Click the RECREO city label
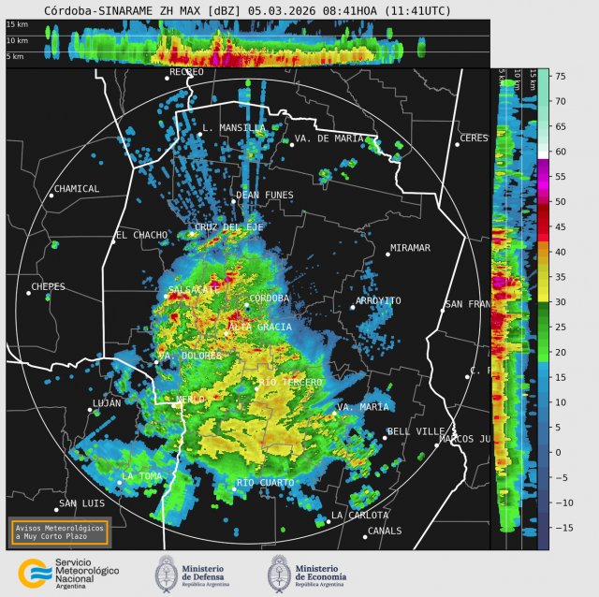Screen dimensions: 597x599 click(186, 72)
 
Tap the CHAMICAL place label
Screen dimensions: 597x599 click(77, 189)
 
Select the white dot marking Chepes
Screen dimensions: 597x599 click(28, 293)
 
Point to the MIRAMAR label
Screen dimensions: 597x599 click(409, 248)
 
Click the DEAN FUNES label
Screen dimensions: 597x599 click(265, 196)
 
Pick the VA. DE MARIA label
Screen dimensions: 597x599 click(329, 138)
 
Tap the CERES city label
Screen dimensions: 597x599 click(474, 138)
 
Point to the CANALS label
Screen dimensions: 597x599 click(385, 531)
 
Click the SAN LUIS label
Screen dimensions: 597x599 click(80, 504)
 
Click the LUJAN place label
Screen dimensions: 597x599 click(107, 404)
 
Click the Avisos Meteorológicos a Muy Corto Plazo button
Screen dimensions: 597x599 click(59, 531)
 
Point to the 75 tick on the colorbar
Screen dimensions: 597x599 click(559, 76)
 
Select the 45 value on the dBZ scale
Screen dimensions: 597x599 click(559, 226)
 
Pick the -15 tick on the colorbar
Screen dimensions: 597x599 click(561, 528)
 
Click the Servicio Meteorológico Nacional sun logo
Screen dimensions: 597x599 click(35, 572)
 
